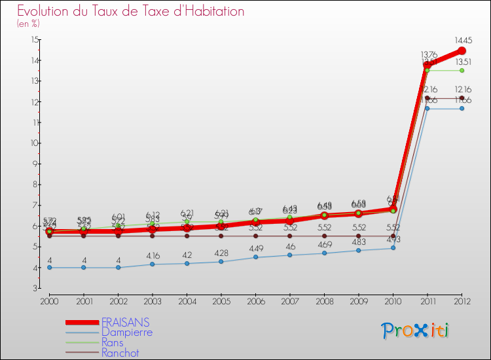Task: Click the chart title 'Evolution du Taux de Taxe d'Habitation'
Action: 131,12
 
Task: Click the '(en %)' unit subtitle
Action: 28,24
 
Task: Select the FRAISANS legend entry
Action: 125,322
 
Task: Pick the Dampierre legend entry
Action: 126,333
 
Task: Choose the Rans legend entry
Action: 116,343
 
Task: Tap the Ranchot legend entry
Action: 120,353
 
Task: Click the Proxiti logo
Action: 416,331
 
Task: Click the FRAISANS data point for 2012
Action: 462,50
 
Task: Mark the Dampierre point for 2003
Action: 152,264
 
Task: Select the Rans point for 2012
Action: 462,70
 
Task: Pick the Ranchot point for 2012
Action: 462,98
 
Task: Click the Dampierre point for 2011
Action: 427,108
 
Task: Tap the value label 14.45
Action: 462,39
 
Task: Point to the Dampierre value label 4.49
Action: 255,248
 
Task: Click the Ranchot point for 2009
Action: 358,236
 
